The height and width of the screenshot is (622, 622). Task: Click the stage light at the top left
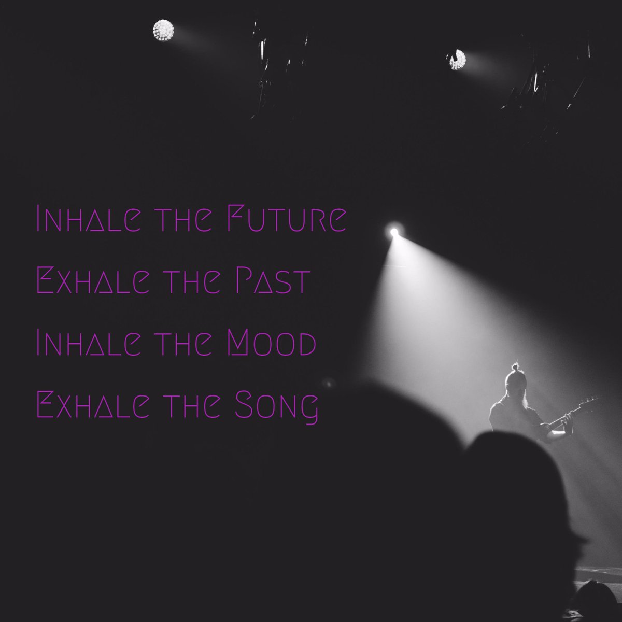(x=163, y=31)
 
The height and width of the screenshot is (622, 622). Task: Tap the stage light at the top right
(x=457, y=60)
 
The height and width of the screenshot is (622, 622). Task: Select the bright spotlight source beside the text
(x=394, y=232)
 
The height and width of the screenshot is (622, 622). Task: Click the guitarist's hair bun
(x=515, y=367)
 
